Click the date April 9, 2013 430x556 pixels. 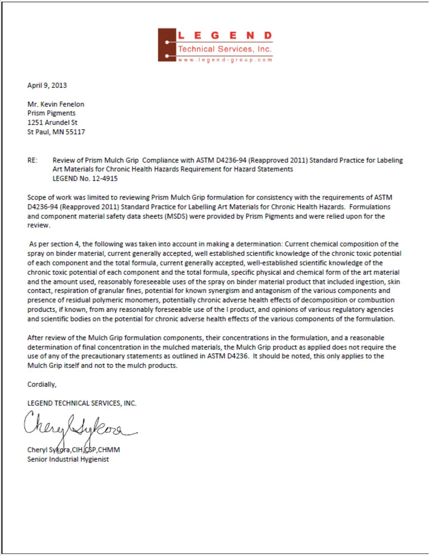[47, 85]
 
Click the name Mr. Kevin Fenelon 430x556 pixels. [56, 104]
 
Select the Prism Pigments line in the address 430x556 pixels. [51, 113]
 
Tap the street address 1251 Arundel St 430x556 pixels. [52, 123]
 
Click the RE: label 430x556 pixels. [32, 160]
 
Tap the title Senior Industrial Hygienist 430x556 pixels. [68, 459]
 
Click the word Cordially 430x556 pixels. [42, 384]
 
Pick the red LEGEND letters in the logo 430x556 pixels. [225, 35]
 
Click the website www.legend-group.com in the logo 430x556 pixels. [225, 60]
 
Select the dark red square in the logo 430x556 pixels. [167, 45]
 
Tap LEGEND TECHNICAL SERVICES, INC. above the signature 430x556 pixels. [82, 403]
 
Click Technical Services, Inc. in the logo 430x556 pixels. [225, 49]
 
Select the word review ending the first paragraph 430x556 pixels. [38, 225]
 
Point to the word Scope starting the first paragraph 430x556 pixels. [36, 197]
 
